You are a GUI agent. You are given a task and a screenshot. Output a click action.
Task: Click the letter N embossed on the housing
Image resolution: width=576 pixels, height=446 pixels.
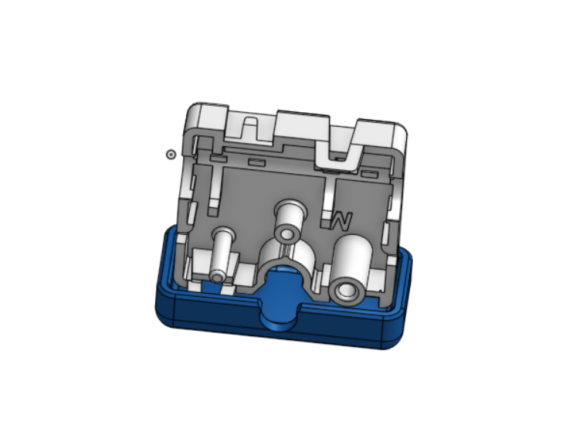click(342, 221)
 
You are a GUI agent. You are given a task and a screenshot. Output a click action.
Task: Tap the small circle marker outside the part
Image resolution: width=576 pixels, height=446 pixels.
click(171, 155)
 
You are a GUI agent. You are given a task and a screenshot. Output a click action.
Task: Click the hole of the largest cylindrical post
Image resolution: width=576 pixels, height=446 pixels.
click(347, 291)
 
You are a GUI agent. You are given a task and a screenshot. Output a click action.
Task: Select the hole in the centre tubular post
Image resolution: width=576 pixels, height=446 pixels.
click(288, 234)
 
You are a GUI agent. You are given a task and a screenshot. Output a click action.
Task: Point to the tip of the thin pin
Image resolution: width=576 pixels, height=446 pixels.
click(218, 276)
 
